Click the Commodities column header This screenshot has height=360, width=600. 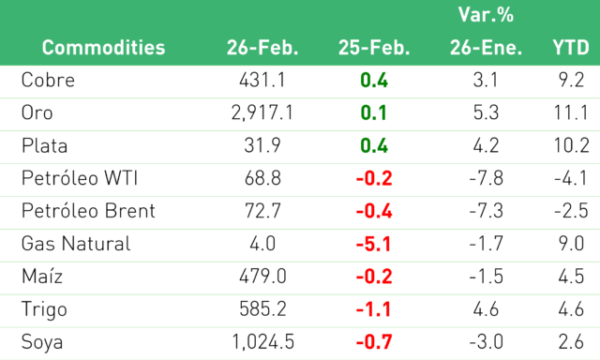[103, 48]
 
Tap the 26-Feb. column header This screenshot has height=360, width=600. [262, 48]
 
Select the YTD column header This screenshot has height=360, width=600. [571, 48]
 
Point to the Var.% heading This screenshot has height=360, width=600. [486, 15]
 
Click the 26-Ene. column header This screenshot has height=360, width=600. [486, 48]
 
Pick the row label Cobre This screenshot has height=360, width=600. [48, 81]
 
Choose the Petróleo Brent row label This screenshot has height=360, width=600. [88, 211]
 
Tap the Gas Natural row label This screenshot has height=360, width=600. [76, 244]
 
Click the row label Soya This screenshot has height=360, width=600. [42, 342]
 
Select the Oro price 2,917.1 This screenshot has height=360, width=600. [262, 112]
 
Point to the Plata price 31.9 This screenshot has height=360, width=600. [262, 145]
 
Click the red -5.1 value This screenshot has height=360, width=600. [373, 244]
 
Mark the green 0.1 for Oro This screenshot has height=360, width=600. [373, 112]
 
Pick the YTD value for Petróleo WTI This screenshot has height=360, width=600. [571, 178]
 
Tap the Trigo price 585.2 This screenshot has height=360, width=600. [262, 309]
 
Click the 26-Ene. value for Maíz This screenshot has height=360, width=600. [486, 277]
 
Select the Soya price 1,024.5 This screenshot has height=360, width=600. [262, 342]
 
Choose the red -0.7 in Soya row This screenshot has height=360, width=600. [373, 342]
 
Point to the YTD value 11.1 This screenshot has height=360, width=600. [571, 112]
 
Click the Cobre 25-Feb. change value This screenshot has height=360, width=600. [373, 81]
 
